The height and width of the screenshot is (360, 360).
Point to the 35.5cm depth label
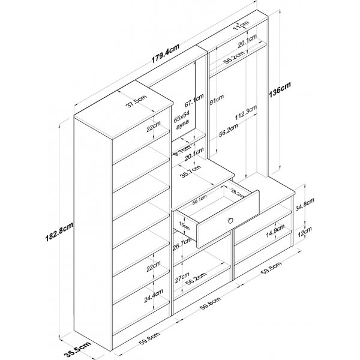coord(79,347)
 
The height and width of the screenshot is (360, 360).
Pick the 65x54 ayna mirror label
coord(182,119)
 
